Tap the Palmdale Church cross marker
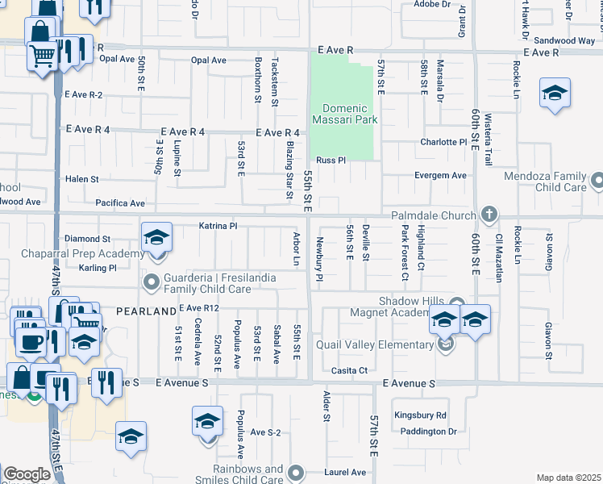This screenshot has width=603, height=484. [488, 215]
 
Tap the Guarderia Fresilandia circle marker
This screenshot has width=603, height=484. [150, 282]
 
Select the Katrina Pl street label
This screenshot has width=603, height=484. [218, 227]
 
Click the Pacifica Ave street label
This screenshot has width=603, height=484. [119, 203]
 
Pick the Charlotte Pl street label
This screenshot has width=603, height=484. [443, 143]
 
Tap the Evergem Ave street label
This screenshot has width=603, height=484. [440, 175]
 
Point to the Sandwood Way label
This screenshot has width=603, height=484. [564, 40]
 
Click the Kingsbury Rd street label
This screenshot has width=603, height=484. [420, 415]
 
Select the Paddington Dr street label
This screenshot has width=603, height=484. [429, 432]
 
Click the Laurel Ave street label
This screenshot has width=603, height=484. [346, 472]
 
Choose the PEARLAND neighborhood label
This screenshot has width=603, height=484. [145, 311]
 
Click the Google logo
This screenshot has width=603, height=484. [27, 474]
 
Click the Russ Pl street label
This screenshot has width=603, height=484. [331, 160]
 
